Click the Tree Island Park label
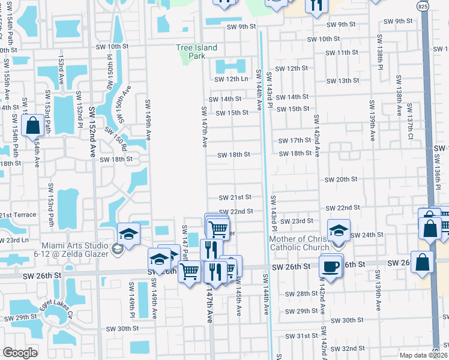pyautogui.click(x=196, y=52)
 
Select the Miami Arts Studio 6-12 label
pyautogui.click(x=75, y=248)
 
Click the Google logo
pyautogui.click(x=20, y=353)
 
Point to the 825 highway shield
pyautogui.click(x=423, y=6)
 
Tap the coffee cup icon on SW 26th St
pyautogui.click(x=330, y=266)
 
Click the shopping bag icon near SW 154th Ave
pyautogui.click(x=32, y=126)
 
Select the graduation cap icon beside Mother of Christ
pyautogui.click(x=339, y=230)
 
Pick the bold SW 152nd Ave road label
pyautogui.click(x=92, y=131)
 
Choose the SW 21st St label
pyautogui.click(x=235, y=197)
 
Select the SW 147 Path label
pyautogui.click(x=185, y=239)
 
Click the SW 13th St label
pyautogui.click(x=344, y=80)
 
